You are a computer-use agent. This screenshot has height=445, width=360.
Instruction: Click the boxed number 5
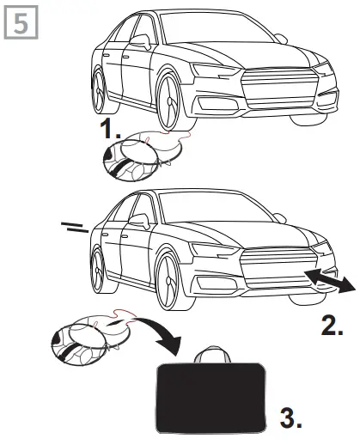[x=18, y=20]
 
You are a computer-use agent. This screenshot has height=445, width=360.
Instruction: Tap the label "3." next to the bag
[x=293, y=418]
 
